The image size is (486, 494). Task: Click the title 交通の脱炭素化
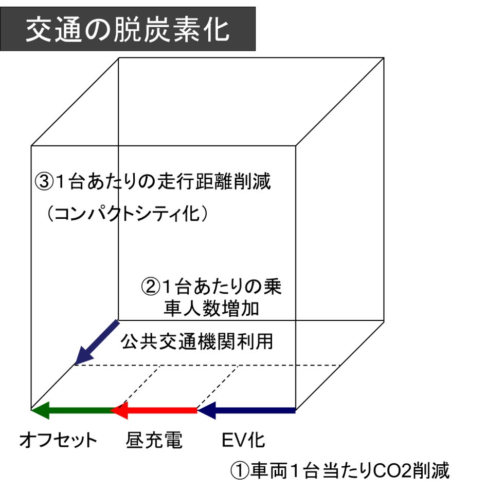128,29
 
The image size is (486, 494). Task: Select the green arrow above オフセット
72,410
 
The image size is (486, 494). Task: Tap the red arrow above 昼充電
154,410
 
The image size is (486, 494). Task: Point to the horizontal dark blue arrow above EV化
247,410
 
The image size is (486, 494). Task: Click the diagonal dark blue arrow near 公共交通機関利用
97,342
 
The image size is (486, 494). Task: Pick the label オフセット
58,440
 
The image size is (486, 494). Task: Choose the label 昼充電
154,440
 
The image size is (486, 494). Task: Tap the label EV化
243,440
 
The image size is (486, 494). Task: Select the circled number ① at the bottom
240,470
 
